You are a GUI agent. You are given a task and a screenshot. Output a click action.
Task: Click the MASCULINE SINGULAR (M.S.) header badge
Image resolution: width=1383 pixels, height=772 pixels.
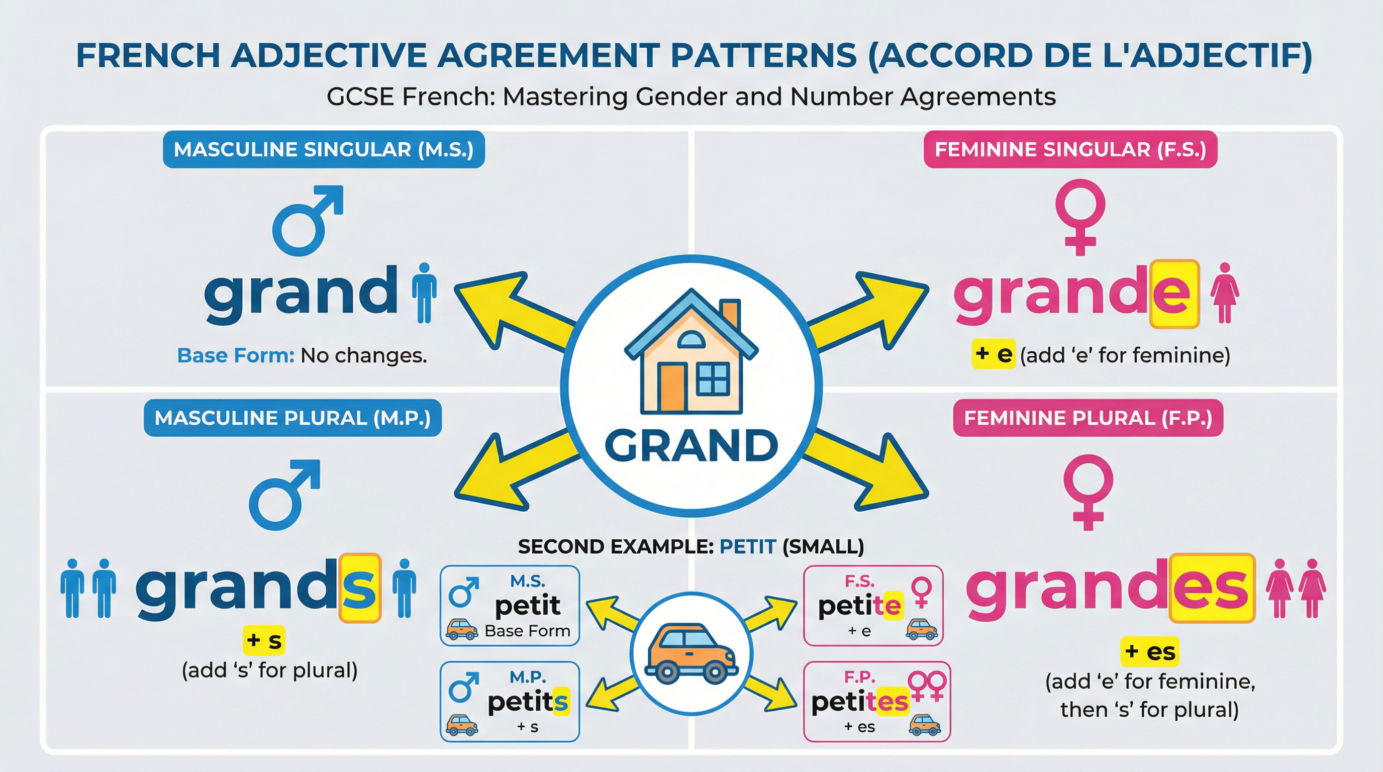(x=324, y=149)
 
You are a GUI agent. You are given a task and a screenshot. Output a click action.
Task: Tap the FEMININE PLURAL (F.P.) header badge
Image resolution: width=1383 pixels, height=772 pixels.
(x=1088, y=418)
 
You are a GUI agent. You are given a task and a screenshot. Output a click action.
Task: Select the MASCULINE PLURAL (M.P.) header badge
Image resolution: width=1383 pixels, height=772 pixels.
(x=292, y=418)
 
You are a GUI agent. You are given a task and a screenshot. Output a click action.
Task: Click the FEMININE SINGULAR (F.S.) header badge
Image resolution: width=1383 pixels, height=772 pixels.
(x=1070, y=149)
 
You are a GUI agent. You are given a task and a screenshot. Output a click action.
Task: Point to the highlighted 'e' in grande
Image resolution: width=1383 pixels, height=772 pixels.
(x=1174, y=294)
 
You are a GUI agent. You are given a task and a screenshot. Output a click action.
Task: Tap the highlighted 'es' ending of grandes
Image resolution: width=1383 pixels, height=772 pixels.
(x=1212, y=588)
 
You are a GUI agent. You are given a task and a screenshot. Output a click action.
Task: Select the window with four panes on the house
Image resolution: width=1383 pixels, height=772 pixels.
(x=713, y=379)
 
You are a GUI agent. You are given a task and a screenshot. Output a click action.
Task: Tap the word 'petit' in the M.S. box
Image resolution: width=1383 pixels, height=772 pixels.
(x=527, y=606)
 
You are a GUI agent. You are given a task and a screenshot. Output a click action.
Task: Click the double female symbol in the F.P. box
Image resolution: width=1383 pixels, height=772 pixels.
(x=927, y=685)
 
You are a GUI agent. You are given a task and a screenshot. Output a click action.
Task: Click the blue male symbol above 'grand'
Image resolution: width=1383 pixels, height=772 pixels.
(x=307, y=220)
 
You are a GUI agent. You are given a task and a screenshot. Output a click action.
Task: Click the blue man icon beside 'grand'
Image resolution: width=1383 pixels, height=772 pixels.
(x=424, y=293)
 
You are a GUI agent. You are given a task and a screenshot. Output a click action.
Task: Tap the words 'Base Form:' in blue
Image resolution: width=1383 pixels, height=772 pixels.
(x=236, y=355)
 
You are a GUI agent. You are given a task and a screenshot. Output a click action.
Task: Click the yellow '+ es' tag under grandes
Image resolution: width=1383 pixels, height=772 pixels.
(x=1149, y=652)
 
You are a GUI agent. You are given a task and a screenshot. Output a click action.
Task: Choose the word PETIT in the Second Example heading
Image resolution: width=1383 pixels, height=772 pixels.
(x=747, y=546)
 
